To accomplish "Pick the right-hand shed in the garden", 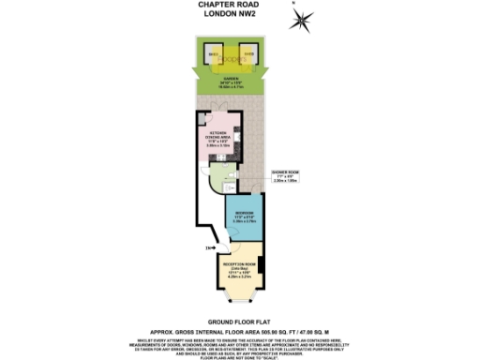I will (x=249, y=57).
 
